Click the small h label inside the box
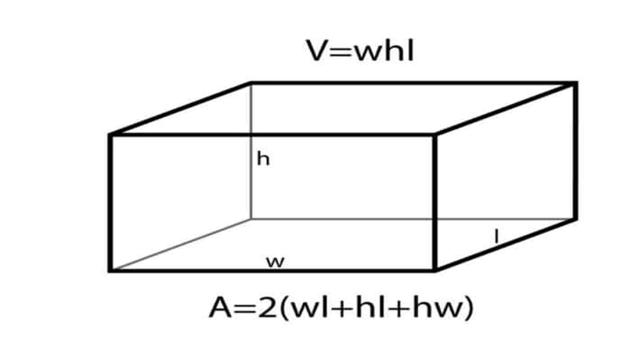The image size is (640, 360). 263,159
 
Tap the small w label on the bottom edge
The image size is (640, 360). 275,262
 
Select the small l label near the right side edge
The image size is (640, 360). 497,236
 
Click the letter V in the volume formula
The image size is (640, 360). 317,50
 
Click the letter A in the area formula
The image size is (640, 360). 220,307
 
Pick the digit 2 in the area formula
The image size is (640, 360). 267,307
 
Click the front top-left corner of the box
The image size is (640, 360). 110,134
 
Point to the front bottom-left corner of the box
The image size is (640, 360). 110,270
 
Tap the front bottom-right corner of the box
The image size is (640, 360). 435,270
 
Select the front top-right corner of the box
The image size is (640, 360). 435,134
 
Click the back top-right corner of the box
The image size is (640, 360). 575,83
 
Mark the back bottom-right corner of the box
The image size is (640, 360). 575,219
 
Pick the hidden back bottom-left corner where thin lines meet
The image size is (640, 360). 251,219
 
